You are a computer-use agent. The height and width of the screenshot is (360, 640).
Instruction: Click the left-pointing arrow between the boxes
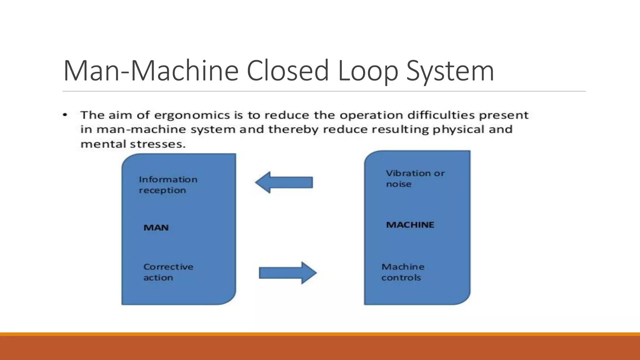(x=284, y=182)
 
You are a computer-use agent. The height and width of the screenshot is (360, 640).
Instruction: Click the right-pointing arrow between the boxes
(x=287, y=273)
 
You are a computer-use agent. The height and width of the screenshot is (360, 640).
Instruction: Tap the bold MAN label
(x=156, y=227)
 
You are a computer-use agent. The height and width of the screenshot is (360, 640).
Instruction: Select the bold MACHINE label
(x=410, y=225)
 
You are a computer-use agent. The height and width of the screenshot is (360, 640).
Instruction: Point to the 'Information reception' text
(x=168, y=185)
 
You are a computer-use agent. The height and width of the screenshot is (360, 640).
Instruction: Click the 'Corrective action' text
(x=168, y=272)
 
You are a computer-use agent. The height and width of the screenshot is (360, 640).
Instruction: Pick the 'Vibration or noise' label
(x=415, y=178)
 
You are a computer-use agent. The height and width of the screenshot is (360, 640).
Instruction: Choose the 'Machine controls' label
(x=402, y=272)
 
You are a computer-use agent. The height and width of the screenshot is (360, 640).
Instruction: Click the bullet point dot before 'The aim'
(x=65, y=115)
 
